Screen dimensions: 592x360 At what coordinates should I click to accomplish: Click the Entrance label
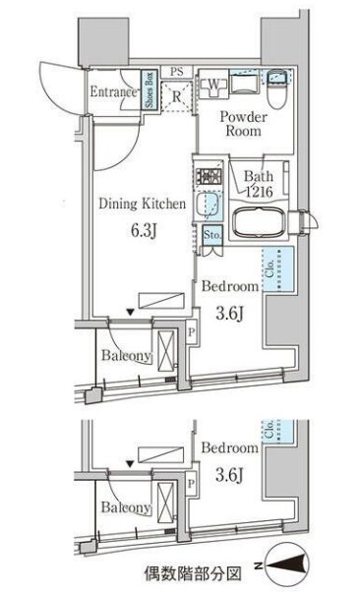(111, 93)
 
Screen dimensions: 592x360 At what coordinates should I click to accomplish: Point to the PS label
(176, 72)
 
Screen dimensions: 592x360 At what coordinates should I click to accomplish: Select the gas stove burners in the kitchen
(209, 178)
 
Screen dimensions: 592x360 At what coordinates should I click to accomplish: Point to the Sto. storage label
(212, 235)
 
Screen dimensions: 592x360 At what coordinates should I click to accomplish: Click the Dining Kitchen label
(142, 204)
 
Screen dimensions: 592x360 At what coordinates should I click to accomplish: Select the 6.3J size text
(141, 236)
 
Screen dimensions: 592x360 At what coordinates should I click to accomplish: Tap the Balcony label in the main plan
(125, 356)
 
